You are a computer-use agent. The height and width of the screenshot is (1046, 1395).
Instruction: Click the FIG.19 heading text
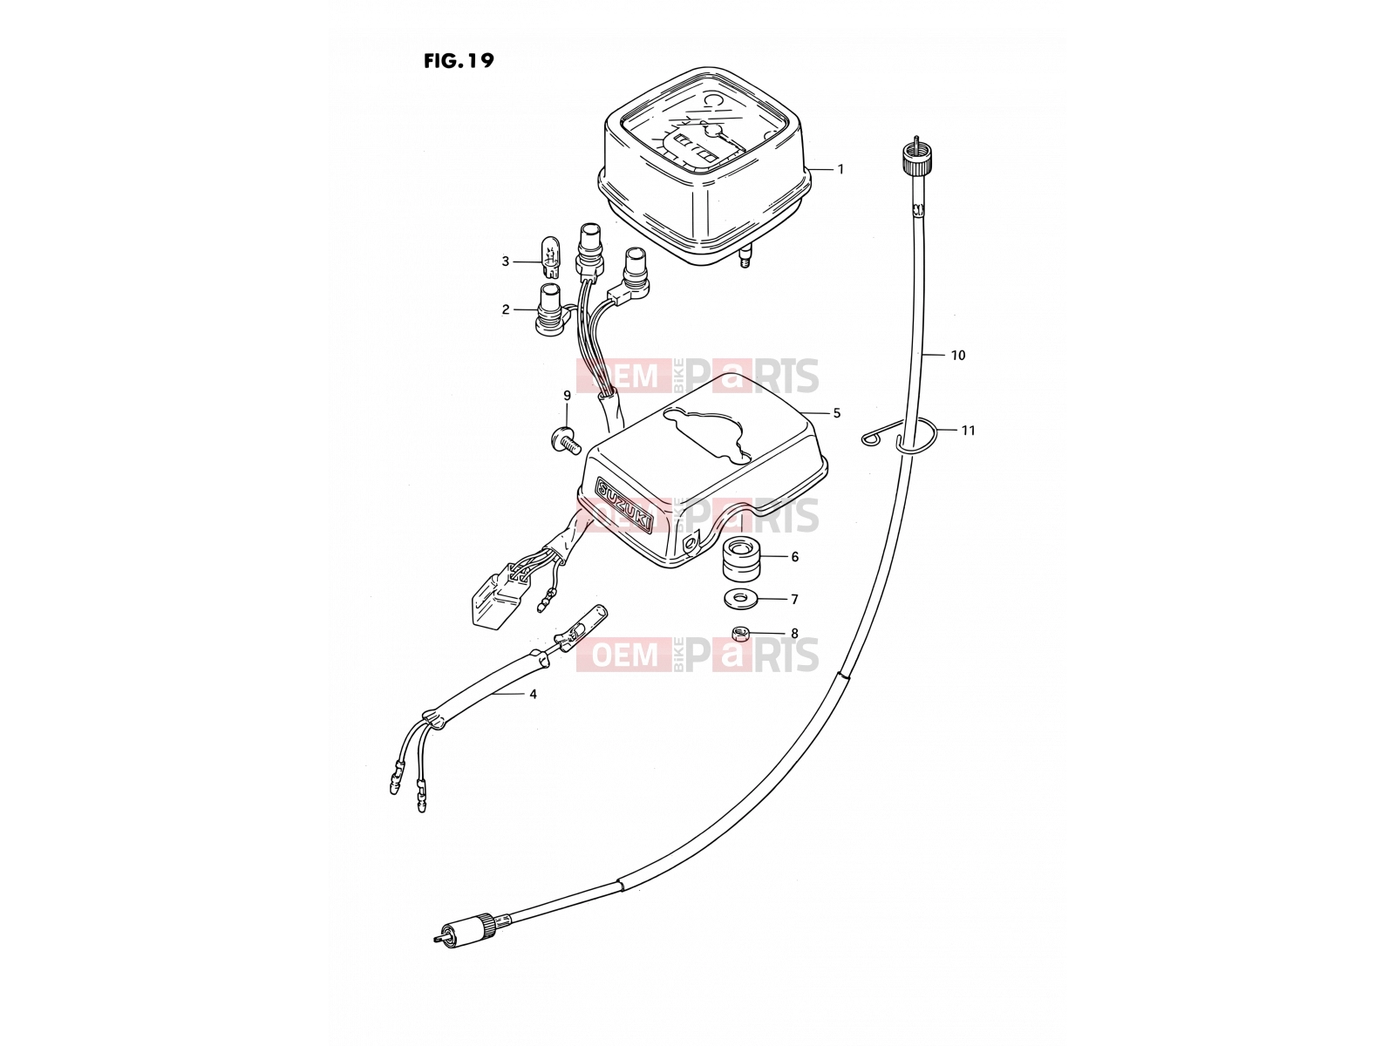tap(459, 61)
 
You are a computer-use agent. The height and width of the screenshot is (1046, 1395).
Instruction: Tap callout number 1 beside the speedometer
tap(840, 170)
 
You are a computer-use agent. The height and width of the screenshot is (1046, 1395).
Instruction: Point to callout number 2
tap(505, 310)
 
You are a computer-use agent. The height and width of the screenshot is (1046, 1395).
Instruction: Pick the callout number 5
tap(836, 413)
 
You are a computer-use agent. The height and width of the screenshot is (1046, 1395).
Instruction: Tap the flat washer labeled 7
tap(740, 598)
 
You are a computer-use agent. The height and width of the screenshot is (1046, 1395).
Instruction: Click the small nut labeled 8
tap(740, 633)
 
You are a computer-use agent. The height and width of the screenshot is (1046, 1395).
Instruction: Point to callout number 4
tap(534, 694)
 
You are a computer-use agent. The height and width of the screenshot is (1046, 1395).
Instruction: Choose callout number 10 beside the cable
tap(957, 356)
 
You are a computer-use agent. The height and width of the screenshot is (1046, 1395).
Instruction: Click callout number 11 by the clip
tap(968, 431)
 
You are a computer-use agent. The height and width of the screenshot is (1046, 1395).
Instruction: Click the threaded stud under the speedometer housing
tap(744, 256)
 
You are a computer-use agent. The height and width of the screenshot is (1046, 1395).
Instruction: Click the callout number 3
tap(505, 261)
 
